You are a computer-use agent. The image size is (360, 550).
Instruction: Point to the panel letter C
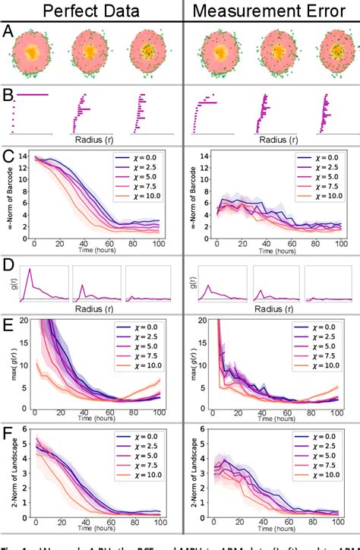point(7,156)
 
